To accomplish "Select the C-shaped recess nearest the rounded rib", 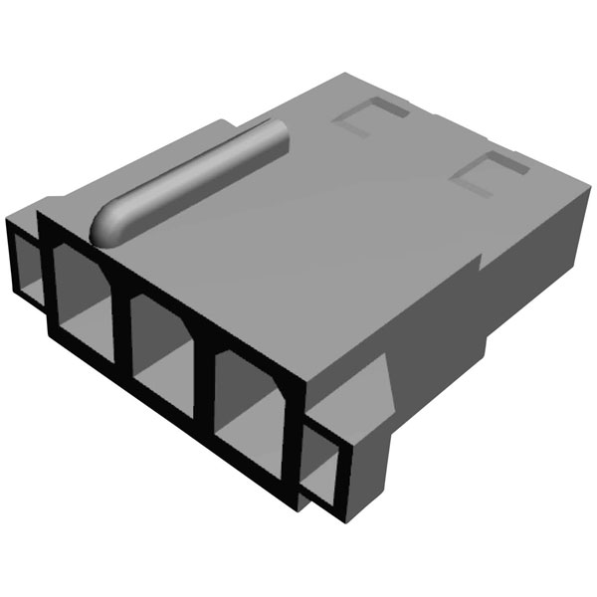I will [x=362, y=122].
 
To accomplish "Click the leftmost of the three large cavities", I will [x=81, y=298].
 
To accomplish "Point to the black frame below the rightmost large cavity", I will [x=239, y=459].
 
